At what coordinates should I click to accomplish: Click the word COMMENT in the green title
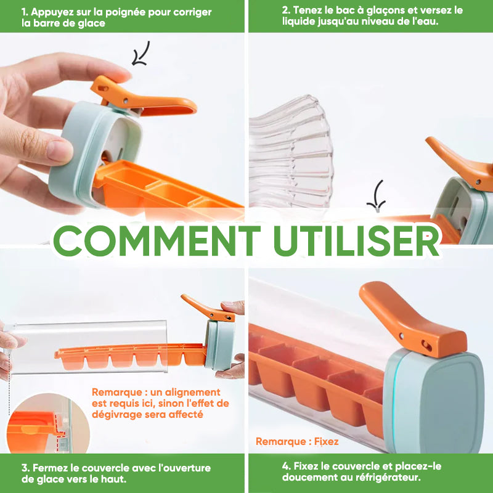point(157,240)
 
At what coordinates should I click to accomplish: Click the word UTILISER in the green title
point(357,240)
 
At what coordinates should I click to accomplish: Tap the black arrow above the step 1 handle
point(141,54)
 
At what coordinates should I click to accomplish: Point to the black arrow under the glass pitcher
point(377,196)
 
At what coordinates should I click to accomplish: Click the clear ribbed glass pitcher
point(290,152)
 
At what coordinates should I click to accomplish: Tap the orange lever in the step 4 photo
point(412,320)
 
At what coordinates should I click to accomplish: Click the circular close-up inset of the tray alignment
point(47,423)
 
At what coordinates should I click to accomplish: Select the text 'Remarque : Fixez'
point(297,441)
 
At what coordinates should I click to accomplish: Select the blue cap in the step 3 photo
point(221,345)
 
